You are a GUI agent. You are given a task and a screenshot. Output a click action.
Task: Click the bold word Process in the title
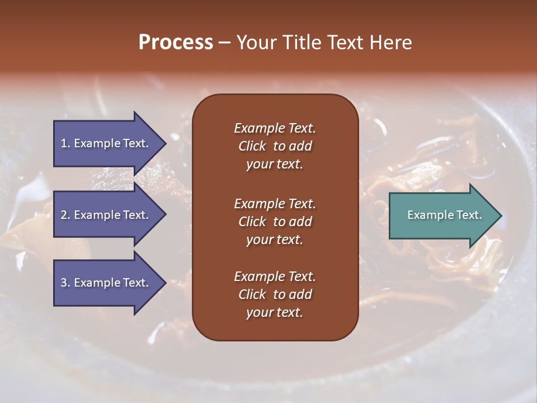(176, 43)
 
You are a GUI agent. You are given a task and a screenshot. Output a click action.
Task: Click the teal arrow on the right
(442, 215)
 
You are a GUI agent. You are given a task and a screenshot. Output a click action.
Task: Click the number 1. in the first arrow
(65, 143)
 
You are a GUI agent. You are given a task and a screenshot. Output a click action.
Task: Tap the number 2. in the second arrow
(65, 215)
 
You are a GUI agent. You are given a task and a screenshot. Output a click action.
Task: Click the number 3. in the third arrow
(65, 283)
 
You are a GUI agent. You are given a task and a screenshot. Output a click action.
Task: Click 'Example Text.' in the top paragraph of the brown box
(275, 128)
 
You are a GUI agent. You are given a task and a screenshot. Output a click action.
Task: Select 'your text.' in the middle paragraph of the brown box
(275, 240)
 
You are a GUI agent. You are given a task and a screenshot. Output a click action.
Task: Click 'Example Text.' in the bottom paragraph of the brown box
(275, 277)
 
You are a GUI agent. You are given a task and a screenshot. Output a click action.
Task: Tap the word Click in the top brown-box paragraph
(252, 146)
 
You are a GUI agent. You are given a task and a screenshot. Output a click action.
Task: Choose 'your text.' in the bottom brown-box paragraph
(275, 313)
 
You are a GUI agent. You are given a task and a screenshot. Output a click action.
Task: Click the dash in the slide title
(224, 43)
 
